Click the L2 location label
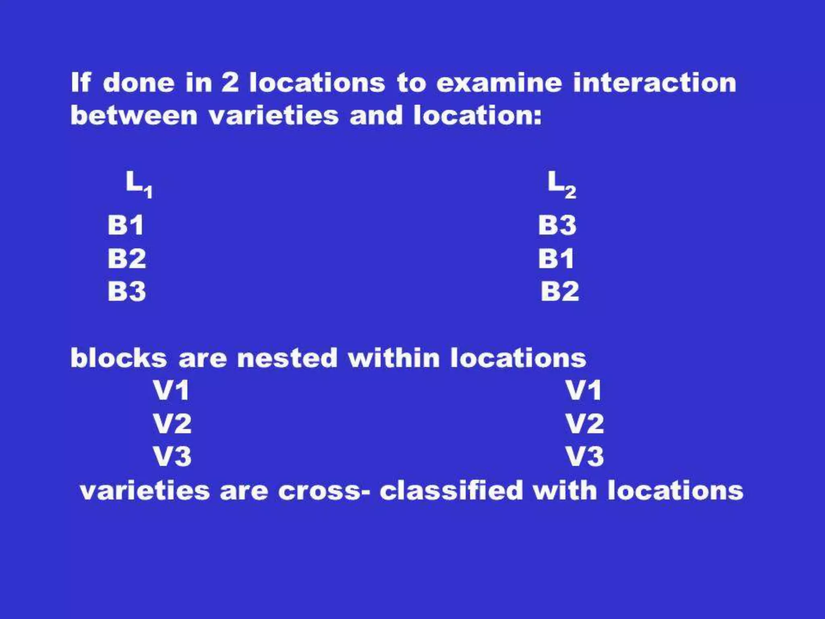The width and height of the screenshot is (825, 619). coord(562,184)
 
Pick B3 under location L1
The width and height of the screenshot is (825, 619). coord(126,291)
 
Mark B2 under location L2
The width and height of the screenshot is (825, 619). coord(560,291)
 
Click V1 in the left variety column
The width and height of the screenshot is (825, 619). coord(171,390)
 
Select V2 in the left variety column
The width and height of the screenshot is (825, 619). coord(172,424)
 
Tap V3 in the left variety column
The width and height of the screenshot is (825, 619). coord(172,457)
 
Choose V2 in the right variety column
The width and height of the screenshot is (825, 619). coord(585,424)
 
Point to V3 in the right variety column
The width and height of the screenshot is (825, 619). coord(585,457)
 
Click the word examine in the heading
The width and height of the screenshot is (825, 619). coord(499,83)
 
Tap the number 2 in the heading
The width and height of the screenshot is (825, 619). coord(230,83)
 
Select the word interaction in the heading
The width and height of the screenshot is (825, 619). coord(655,83)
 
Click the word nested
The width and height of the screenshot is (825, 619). coord(287,358)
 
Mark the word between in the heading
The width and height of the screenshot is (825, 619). coord(134,116)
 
